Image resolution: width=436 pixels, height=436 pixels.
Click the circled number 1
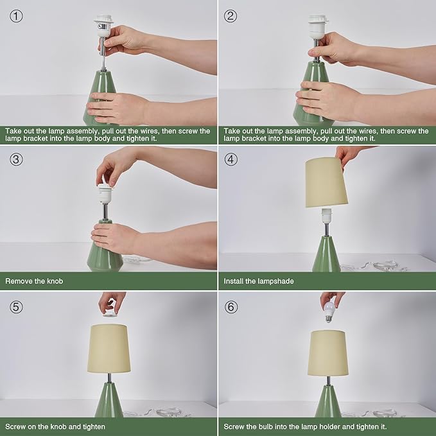(17, 16)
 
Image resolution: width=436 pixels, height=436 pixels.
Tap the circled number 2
(231, 16)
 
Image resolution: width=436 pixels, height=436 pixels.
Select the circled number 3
(17, 159)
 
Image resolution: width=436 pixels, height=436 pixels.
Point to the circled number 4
(231, 159)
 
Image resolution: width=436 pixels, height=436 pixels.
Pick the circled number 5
(17, 307)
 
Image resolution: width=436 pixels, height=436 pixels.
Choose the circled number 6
(231, 307)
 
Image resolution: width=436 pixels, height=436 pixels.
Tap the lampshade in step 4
(326, 182)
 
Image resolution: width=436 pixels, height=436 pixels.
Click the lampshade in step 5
(109, 348)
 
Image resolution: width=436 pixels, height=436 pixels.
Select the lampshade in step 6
(328, 353)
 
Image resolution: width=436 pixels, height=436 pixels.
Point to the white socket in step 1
(103, 26)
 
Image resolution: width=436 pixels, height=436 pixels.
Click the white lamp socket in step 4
(327, 216)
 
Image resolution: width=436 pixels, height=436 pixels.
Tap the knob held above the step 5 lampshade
(110, 313)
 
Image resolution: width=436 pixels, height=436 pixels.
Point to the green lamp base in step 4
(326, 254)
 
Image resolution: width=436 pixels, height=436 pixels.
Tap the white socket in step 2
(317, 27)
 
